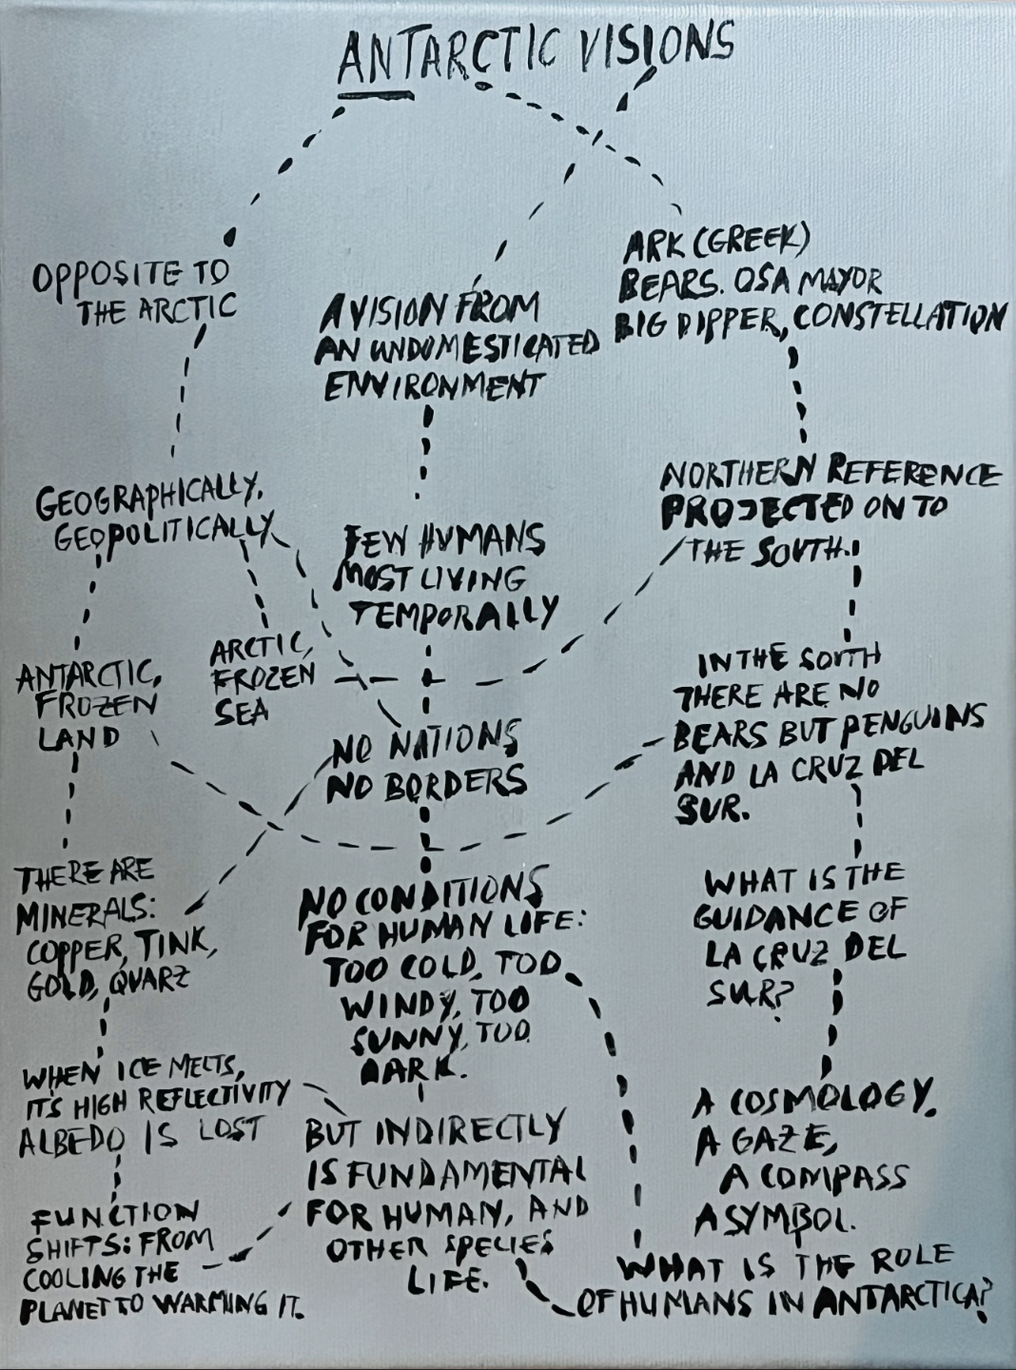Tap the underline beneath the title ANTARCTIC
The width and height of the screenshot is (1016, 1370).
point(376,94)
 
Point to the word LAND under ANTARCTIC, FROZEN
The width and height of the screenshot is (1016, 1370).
point(79,737)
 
